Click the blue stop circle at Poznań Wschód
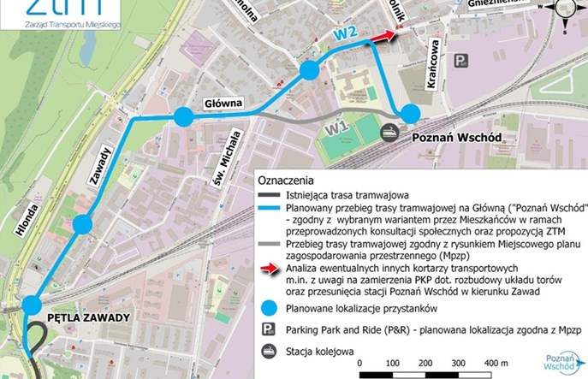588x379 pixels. (411, 113)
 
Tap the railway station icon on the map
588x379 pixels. (389, 132)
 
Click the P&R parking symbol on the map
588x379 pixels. (462, 61)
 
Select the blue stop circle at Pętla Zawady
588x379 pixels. (33, 305)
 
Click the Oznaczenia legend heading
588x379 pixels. (287, 181)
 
